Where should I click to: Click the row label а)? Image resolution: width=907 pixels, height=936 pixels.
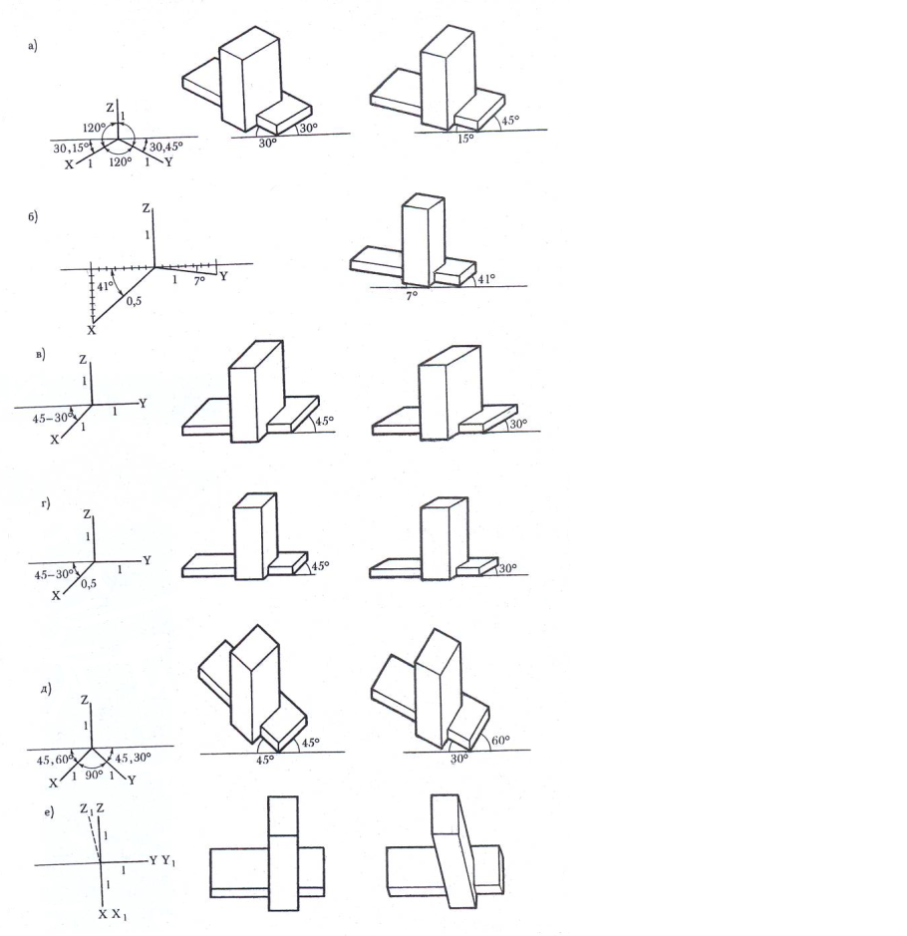(33, 46)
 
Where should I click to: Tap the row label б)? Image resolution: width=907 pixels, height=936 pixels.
(33, 216)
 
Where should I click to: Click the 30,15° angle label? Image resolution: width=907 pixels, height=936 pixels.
(71, 148)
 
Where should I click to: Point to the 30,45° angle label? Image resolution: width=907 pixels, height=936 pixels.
(166, 147)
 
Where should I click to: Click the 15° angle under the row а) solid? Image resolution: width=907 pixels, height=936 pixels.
(465, 139)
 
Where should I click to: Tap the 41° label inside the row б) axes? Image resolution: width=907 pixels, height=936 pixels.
(105, 286)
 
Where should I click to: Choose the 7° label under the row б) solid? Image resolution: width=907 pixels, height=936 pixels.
(412, 295)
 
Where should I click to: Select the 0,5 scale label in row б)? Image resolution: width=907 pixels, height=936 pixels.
(134, 301)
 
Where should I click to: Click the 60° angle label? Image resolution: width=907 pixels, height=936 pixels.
(500, 741)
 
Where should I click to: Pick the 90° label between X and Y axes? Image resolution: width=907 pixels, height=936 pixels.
(94, 775)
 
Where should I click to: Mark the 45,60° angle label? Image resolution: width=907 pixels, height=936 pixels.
(55, 760)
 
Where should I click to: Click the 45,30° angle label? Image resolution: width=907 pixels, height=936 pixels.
(134, 758)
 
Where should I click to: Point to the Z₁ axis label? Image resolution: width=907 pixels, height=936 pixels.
(86, 809)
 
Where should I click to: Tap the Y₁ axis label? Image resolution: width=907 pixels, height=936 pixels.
(168, 861)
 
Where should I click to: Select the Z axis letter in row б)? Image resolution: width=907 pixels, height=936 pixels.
(147, 208)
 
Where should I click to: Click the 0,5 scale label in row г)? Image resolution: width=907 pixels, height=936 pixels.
(89, 584)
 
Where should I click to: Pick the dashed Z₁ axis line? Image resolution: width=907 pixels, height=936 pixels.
(95, 838)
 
